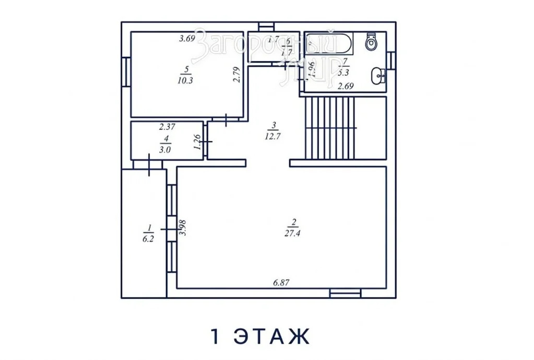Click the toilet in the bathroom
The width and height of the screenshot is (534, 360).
[x=371, y=42]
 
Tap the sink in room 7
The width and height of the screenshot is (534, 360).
[x=377, y=77]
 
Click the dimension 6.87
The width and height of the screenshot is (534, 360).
[x=281, y=282]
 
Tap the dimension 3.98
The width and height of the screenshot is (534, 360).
[x=182, y=227]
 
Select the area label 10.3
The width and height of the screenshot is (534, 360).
[x=185, y=80]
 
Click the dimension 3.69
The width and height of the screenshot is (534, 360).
[x=187, y=38]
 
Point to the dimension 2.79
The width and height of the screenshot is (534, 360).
[x=236, y=75]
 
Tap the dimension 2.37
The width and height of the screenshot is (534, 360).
[x=167, y=126]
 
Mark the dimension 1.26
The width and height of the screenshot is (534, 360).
[x=197, y=142]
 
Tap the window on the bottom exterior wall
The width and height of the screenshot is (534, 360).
[x=345, y=294]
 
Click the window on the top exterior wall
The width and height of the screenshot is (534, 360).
[x=267, y=25]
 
